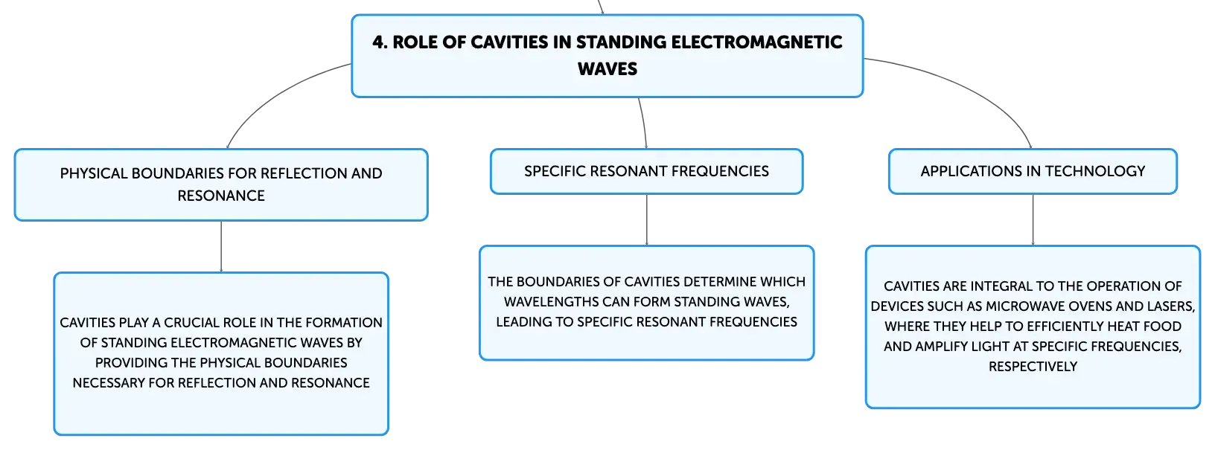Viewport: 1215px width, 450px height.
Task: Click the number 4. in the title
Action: click(x=379, y=42)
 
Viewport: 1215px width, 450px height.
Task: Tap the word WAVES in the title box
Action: click(x=607, y=69)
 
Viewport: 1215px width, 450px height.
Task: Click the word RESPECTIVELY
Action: click(x=1033, y=367)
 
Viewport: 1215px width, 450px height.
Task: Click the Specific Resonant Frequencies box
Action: click(x=646, y=171)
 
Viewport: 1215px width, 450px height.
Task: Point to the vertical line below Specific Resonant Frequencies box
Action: click(x=646, y=219)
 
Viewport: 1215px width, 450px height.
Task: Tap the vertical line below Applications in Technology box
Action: click(x=1033, y=219)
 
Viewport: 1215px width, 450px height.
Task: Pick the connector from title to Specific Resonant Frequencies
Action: click(x=644, y=123)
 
